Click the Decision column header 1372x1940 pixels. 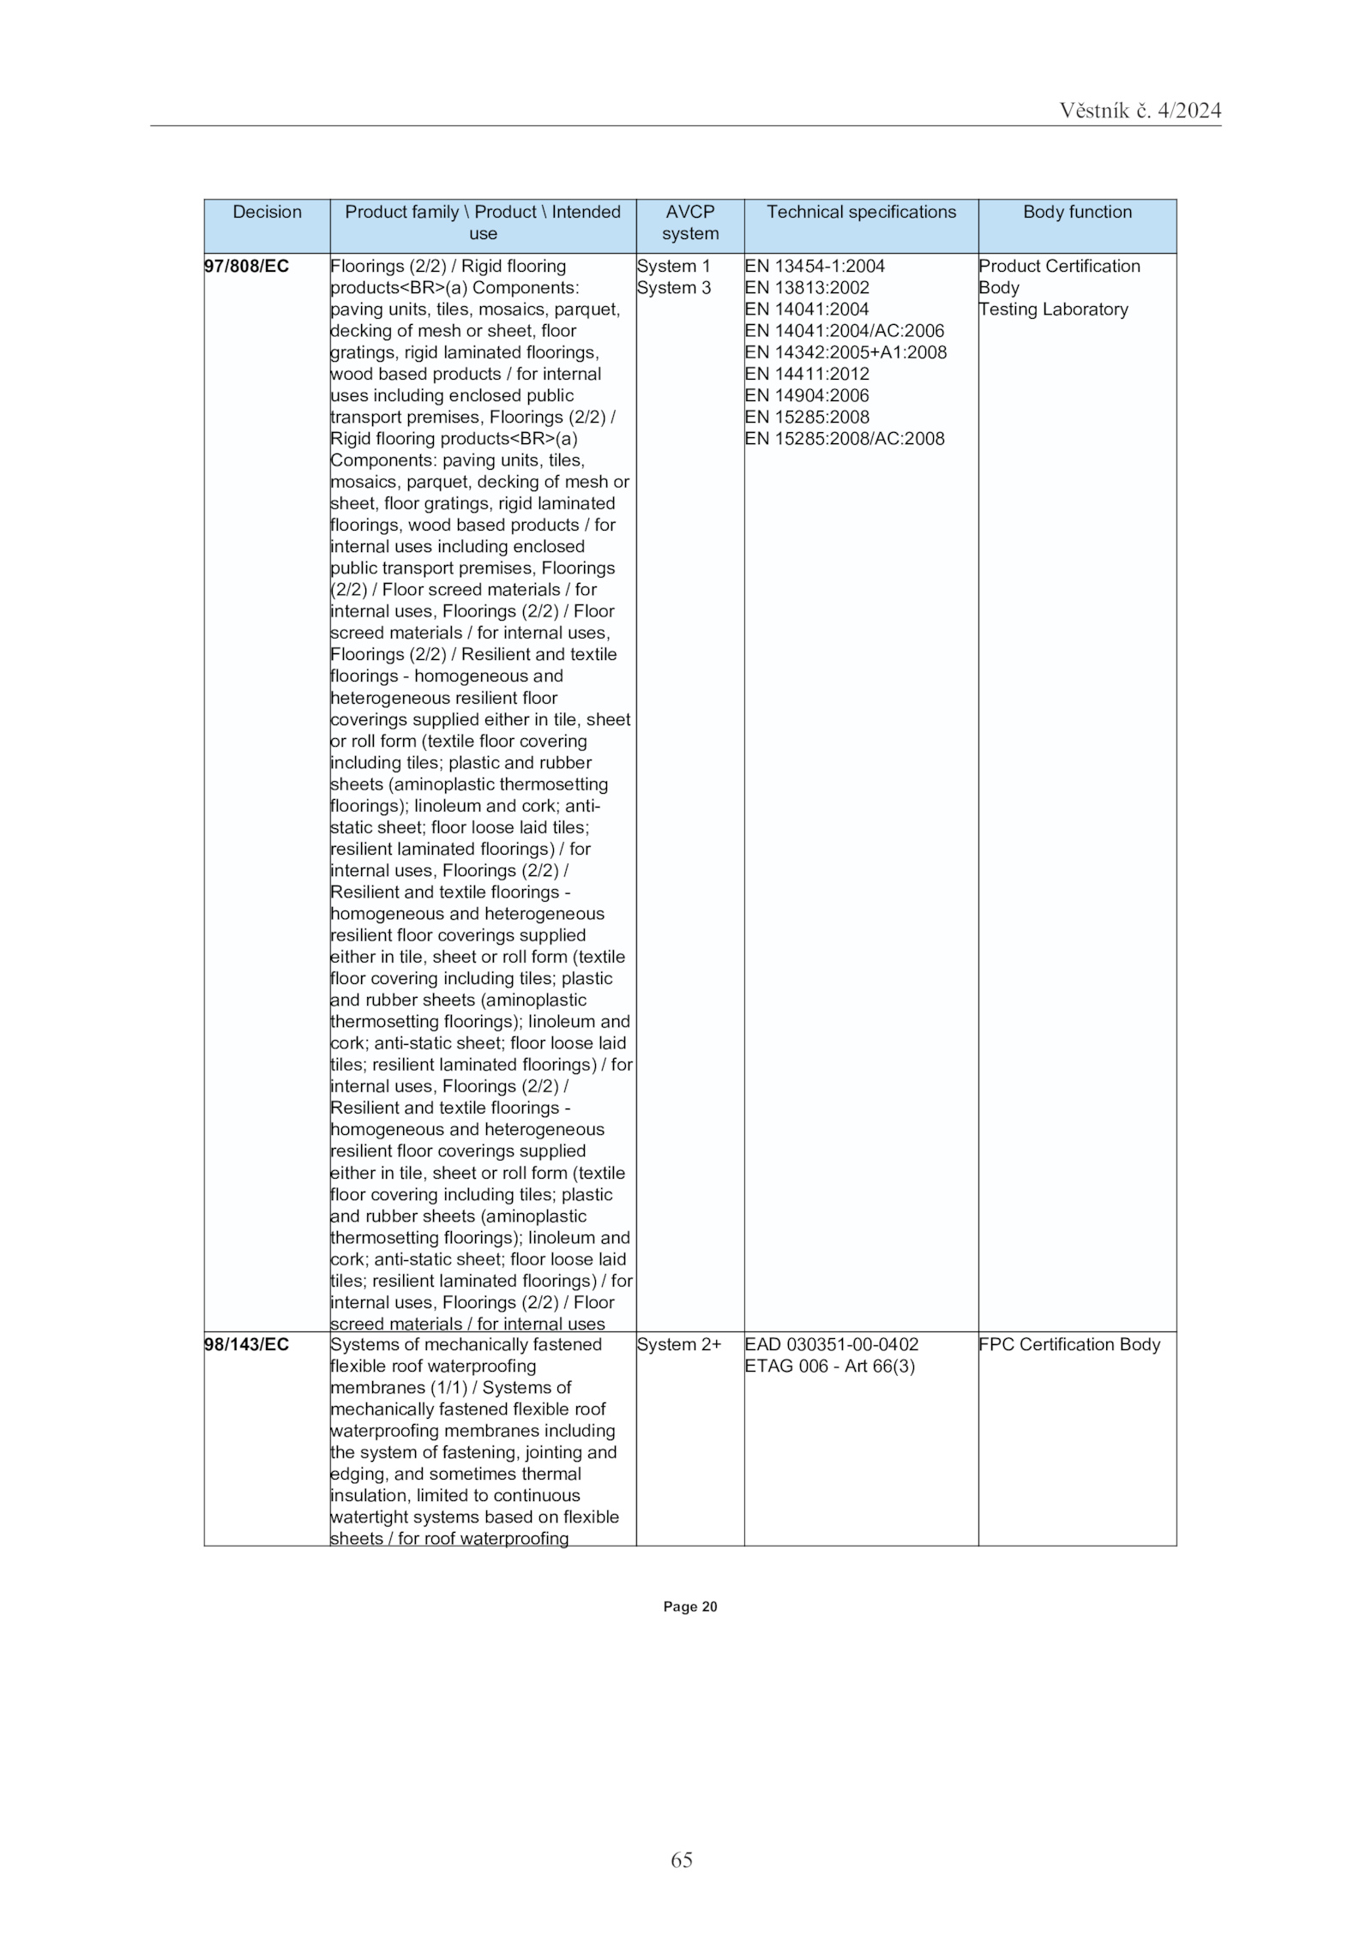(267, 212)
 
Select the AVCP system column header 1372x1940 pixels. (689, 222)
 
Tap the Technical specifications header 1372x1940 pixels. (860, 212)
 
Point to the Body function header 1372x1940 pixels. (1076, 212)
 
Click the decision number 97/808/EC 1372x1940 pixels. (247, 266)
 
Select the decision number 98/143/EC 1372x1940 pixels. (247, 1344)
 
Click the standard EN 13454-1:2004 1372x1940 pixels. (815, 266)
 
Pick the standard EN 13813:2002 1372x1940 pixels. (807, 287)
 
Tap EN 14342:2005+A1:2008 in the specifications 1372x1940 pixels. (845, 352)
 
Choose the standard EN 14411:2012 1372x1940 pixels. (807, 374)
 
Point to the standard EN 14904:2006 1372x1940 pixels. (807, 395)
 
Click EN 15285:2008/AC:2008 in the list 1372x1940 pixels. (845, 439)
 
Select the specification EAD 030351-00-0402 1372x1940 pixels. (831, 1344)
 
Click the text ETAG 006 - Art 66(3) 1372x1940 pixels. (829, 1366)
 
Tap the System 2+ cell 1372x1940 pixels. (679, 1344)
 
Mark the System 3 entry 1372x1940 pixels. (674, 287)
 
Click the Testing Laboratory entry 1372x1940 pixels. (1053, 309)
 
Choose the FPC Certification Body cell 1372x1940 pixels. (1068, 1344)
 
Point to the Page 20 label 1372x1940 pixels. (689, 1607)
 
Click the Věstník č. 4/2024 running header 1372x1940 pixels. (1140, 111)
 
